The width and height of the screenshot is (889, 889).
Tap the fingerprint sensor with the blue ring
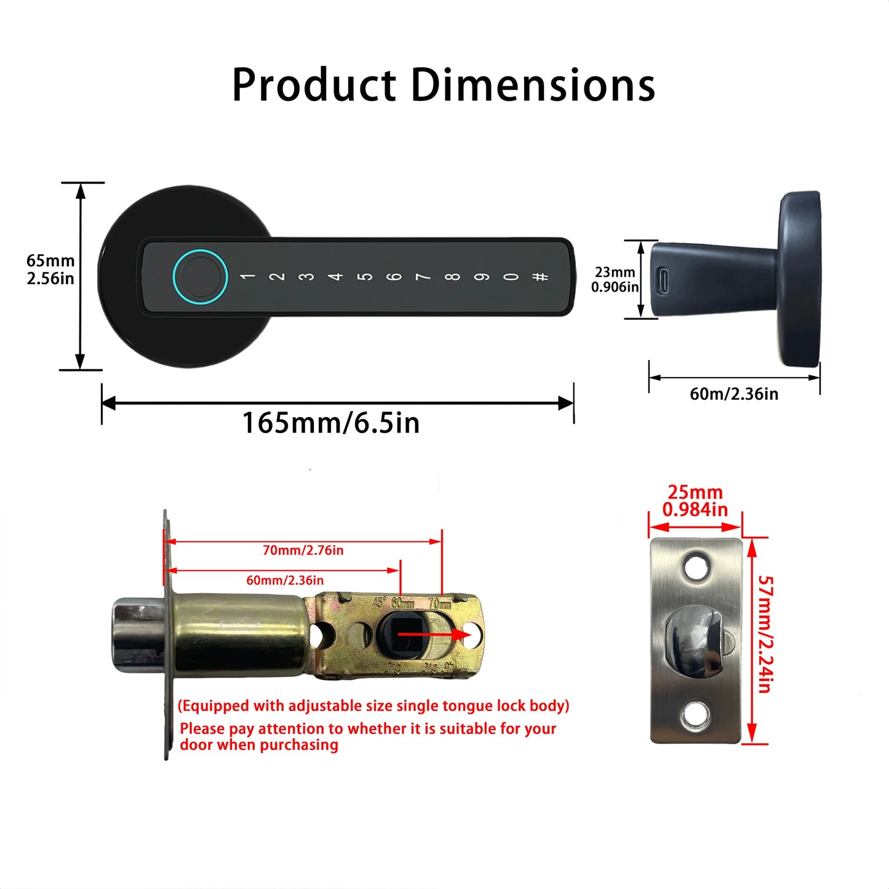coord(200,276)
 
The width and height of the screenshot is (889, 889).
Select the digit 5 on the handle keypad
coord(365,276)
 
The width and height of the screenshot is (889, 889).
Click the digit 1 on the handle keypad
coord(247,276)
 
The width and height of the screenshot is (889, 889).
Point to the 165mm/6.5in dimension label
coord(331,423)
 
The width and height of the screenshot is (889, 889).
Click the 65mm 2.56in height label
coord(50,269)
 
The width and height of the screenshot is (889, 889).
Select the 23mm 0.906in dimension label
coord(615,279)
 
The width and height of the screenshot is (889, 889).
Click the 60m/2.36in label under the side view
coord(734,394)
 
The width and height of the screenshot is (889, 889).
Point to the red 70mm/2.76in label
coord(303,551)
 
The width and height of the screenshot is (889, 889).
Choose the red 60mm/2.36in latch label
coord(285,580)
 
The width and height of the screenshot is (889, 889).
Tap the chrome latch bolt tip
coord(137,635)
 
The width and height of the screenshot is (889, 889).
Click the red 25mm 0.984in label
coord(695,501)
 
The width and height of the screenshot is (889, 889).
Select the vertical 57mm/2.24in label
coord(765,634)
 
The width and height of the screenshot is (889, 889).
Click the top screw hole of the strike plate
coord(696,566)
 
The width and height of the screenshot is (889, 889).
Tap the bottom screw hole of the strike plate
coord(696,715)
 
